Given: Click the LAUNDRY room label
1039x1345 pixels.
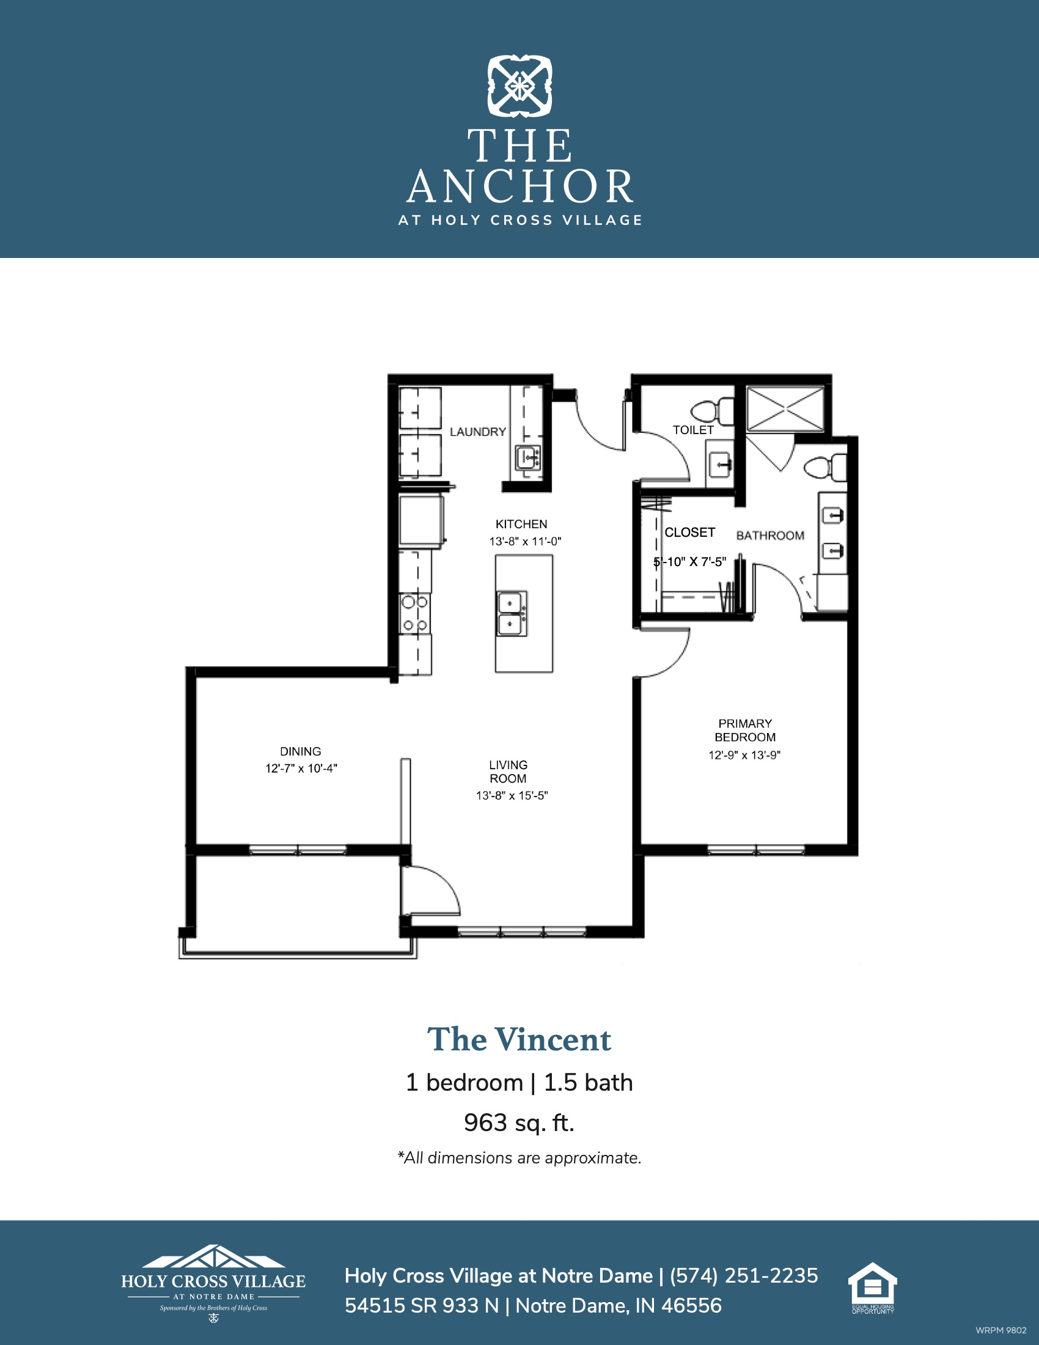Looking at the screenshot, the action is click(x=478, y=432).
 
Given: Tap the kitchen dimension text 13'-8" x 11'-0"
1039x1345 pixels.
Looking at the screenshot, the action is click(x=525, y=541).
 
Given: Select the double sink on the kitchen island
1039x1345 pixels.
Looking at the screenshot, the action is click(x=512, y=613).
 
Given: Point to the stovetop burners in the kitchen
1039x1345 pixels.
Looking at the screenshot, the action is click(x=415, y=614).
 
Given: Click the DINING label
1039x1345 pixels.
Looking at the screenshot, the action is click(x=300, y=751).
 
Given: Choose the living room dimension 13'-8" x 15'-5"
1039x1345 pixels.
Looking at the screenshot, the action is click(x=512, y=795).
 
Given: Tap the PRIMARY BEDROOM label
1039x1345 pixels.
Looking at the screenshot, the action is click(x=745, y=731).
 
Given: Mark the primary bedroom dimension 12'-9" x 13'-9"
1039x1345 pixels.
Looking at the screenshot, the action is click(x=744, y=755).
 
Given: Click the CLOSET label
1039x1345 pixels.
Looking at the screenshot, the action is click(x=689, y=532).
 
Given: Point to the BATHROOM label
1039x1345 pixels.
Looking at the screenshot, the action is click(x=770, y=536).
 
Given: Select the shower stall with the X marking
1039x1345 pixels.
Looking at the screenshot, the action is click(x=785, y=408).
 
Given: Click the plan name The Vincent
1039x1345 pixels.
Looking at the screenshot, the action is click(x=519, y=1040).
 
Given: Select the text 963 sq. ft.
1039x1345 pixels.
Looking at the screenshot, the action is click(x=519, y=1122).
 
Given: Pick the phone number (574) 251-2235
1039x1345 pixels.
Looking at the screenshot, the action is click(x=744, y=1275).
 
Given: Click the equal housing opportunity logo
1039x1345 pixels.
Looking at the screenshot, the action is click(x=873, y=1288).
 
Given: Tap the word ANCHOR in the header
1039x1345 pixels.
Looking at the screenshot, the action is click(x=520, y=186).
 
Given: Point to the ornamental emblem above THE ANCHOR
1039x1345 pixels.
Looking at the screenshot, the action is click(x=519, y=86).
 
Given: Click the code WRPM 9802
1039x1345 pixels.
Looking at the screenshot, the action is click(x=1001, y=1330).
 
